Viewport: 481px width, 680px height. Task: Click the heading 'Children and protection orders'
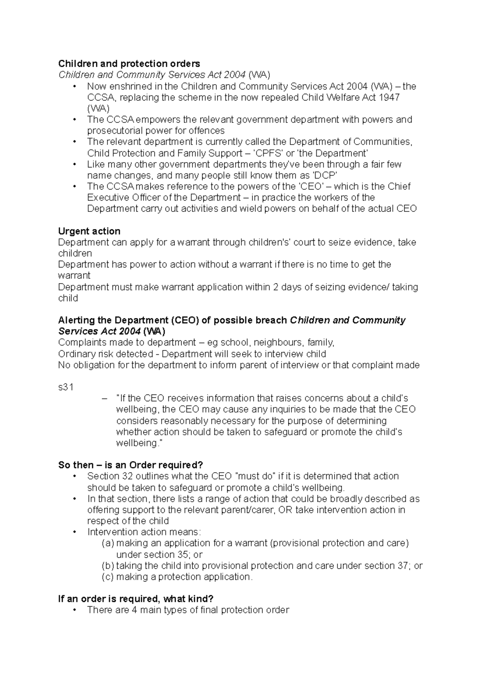tap(129, 64)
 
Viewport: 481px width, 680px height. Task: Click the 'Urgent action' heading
tap(89, 231)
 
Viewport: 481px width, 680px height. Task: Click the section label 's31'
tap(66, 387)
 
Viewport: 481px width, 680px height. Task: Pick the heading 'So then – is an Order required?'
tap(131, 465)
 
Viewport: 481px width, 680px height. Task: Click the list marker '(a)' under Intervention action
tap(108, 543)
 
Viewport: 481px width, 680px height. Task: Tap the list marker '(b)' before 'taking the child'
tap(108, 566)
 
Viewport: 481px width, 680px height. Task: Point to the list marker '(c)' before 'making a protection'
tap(108, 577)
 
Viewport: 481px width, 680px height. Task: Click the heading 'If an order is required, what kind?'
tap(136, 599)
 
